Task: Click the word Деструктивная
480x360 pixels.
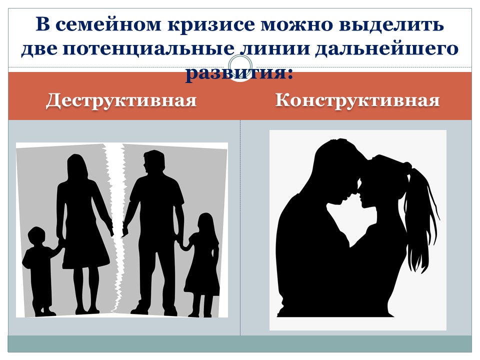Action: click(121, 100)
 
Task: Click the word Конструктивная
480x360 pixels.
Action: click(357, 100)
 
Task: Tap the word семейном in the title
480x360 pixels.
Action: click(108, 24)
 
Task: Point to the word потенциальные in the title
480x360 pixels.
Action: click(148, 49)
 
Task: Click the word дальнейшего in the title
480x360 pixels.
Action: click(386, 49)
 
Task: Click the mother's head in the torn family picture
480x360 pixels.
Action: click(75, 167)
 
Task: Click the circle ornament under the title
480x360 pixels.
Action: click(240, 66)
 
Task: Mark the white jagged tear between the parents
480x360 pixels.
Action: click(117, 226)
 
